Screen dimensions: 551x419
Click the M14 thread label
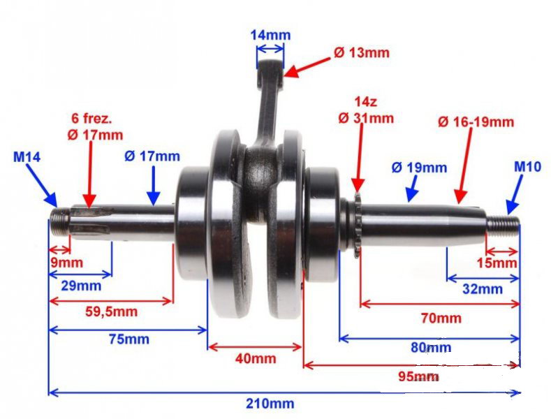pos(27,156)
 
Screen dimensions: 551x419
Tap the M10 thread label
pos(527,167)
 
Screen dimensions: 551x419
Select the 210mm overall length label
pos(270,403)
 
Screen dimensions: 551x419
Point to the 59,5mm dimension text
pos(112,311)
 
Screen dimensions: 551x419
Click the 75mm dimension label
pos(129,339)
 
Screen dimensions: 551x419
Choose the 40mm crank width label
pos(256,358)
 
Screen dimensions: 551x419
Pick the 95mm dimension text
pos(418,376)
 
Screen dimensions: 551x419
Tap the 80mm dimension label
pos(431,348)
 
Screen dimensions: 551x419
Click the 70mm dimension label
pos(441,318)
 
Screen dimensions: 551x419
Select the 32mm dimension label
pos(483,289)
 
